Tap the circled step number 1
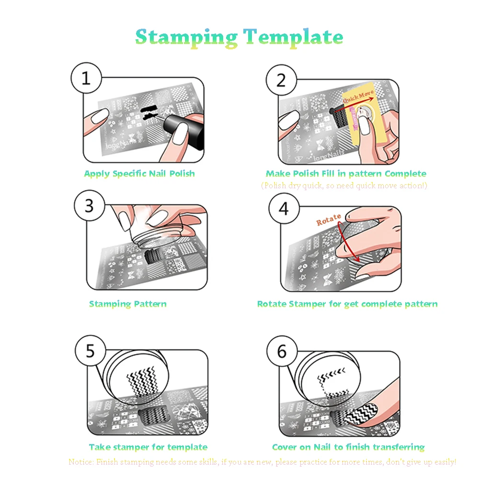pos(86,79)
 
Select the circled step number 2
pos(281,79)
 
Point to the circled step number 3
pos(89,206)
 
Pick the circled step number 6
pos(282,352)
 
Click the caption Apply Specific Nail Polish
pos(139,173)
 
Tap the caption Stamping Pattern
pos(128,304)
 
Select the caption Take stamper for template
pos(148,447)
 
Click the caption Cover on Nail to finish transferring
pos(348,447)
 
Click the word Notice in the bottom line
pos(81,462)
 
